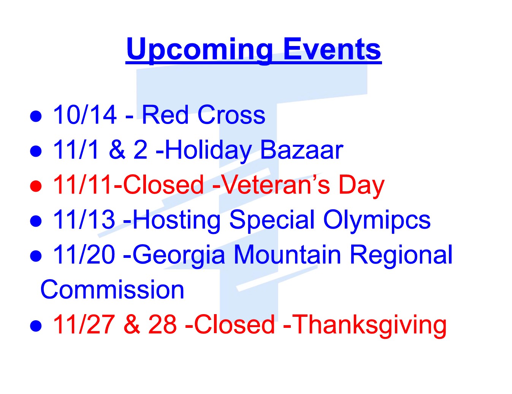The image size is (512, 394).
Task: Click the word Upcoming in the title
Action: point(199,51)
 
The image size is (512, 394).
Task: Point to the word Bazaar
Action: point(301,149)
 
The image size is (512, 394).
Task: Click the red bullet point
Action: point(36,186)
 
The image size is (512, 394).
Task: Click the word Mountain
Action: point(287,254)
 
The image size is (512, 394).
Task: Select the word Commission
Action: point(112,289)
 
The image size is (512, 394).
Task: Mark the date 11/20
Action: point(84,254)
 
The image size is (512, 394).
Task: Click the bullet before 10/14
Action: point(36,116)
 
